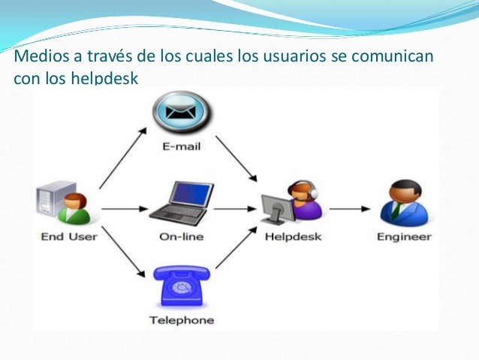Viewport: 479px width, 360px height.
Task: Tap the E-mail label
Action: point(182,147)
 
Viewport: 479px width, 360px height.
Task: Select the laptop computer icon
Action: point(177,203)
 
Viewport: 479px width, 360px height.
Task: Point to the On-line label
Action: point(181,236)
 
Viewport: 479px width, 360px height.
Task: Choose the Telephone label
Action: point(181,320)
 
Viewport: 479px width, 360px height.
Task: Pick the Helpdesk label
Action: point(293,236)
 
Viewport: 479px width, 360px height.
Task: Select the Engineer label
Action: point(404,237)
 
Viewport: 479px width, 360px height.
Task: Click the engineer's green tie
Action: point(395,210)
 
